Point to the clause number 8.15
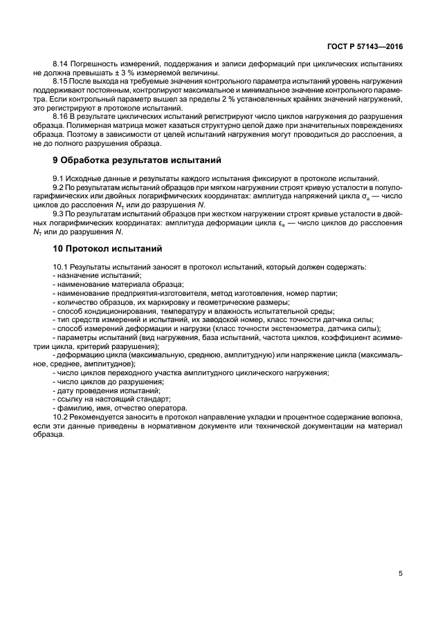(61, 82)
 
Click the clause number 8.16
(61, 118)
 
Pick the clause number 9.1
(59, 178)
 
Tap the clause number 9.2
(59, 187)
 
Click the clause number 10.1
(61, 266)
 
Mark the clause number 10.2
(61, 418)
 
